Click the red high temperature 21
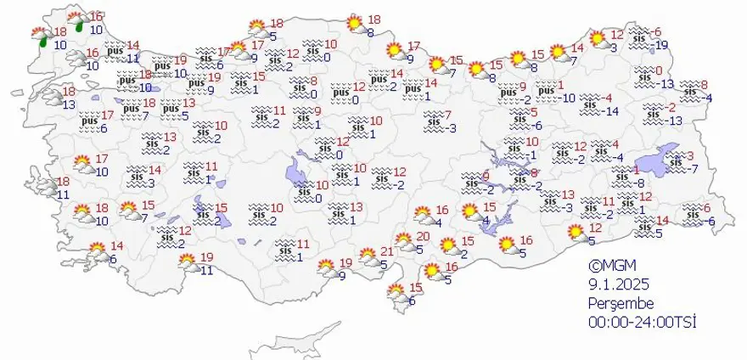pos(387,251)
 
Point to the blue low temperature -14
pos(609,111)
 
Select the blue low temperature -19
pos(662,45)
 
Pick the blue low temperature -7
pos(693,169)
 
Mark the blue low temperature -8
pos(642,183)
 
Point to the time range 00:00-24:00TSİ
pos(636,322)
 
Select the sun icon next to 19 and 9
pos(326,269)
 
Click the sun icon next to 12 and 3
pos(598,38)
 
